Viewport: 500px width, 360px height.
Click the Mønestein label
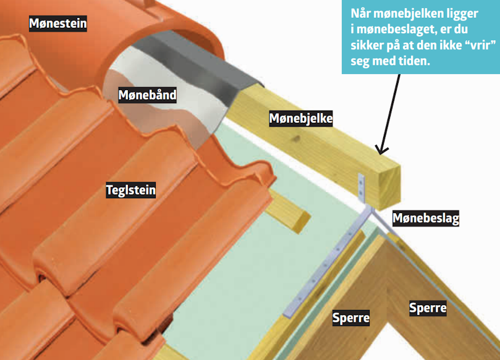(x=57, y=23)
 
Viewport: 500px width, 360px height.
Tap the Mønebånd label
(x=147, y=95)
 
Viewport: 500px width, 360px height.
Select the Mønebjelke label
(x=301, y=119)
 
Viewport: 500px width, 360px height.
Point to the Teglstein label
(x=131, y=190)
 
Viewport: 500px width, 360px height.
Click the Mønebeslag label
(x=426, y=218)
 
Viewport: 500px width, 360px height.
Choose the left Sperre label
(x=351, y=318)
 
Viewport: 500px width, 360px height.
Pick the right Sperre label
(x=428, y=308)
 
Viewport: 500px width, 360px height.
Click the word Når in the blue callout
(x=360, y=14)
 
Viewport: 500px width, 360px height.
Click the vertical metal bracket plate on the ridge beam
(x=362, y=188)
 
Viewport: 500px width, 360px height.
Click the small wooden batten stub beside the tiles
(x=289, y=211)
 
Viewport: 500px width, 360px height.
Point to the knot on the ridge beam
(x=297, y=138)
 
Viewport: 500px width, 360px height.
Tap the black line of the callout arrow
(x=389, y=112)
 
